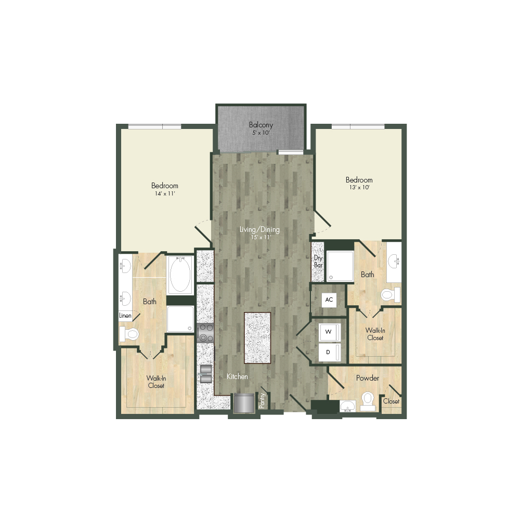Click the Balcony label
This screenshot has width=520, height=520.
click(x=261, y=125)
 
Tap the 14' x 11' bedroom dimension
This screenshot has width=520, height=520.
click(x=165, y=193)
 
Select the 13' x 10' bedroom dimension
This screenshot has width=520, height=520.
click(x=359, y=187)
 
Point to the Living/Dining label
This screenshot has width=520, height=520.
click(x=259, y=229)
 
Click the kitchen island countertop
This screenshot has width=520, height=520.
click(x=257, y=337)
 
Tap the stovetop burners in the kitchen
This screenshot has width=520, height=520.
click(x=205, y=333)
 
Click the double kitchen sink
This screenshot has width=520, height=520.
click(x=206, y=374)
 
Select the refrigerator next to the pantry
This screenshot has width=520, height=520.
click(x=244, y=403)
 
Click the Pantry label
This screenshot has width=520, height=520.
click(x=262, y=400)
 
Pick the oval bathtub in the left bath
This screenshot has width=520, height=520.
click(x=180, y=275)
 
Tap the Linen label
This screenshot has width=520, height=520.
click(x=125, y=316)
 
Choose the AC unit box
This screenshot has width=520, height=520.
click(x=329, y=300)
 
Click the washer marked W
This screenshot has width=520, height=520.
click(x=329, y=332)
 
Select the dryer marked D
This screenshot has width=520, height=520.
click(x=329, y=352)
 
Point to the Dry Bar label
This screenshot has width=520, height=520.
click(x=318, y=262)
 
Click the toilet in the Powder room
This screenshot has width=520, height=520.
click(x=368, y=401)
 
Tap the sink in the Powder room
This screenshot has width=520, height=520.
click(x=347, y=406)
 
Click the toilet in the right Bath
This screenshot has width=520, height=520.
click(x=391, y=295)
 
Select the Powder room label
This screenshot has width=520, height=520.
click(x=368, y=378)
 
